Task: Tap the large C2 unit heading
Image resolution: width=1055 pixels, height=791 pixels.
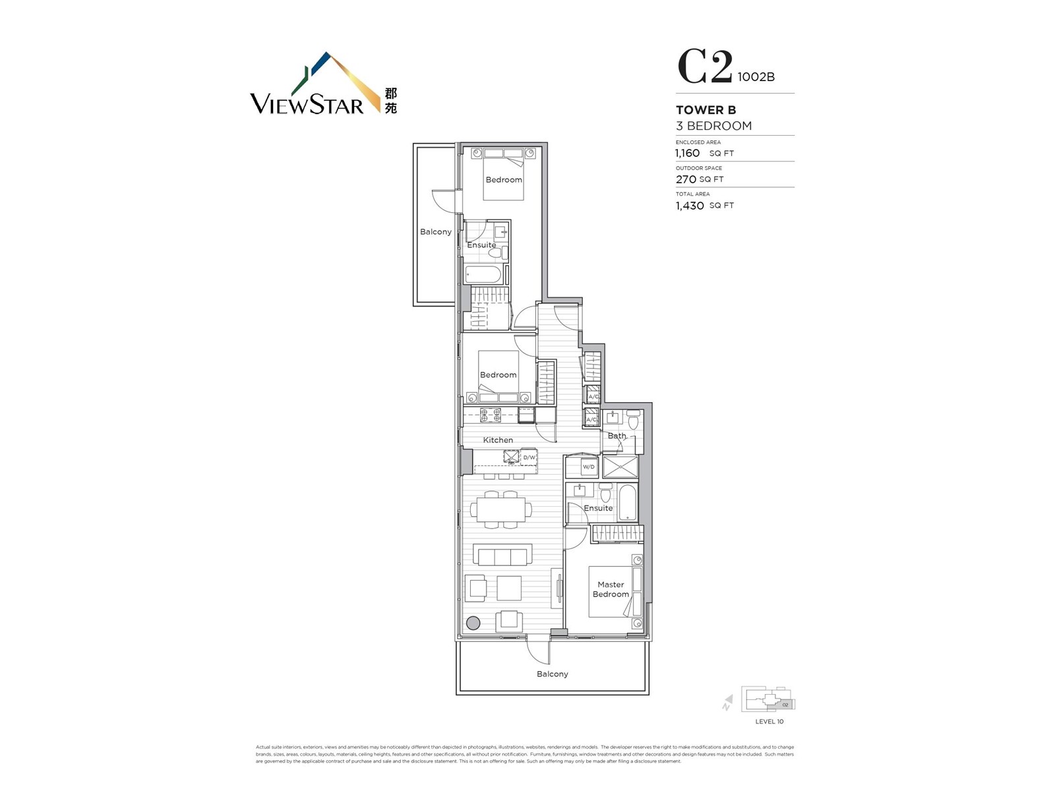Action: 705,68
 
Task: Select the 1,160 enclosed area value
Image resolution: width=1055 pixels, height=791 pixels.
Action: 687,153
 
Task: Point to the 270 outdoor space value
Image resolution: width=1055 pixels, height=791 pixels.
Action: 686,179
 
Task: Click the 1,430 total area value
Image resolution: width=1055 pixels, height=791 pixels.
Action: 689,206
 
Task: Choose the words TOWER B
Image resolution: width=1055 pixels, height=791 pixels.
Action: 706,110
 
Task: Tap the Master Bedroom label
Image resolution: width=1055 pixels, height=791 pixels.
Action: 611,589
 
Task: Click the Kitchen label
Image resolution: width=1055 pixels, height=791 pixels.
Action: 498,440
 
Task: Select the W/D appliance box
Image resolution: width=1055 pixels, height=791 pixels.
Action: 588,467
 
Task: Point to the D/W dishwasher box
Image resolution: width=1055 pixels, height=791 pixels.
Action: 529,457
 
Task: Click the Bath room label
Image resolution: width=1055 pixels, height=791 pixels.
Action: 617,436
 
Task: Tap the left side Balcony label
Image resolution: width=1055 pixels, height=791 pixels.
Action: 436,231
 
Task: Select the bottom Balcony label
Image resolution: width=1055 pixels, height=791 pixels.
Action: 552,674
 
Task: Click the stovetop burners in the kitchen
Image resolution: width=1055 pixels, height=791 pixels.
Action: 490,415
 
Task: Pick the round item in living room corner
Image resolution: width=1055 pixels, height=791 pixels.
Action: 473,622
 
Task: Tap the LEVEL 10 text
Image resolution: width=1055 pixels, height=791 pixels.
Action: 769,721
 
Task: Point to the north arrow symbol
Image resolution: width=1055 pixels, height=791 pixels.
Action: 727,703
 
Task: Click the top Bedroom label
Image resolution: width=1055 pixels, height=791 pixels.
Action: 504,179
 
